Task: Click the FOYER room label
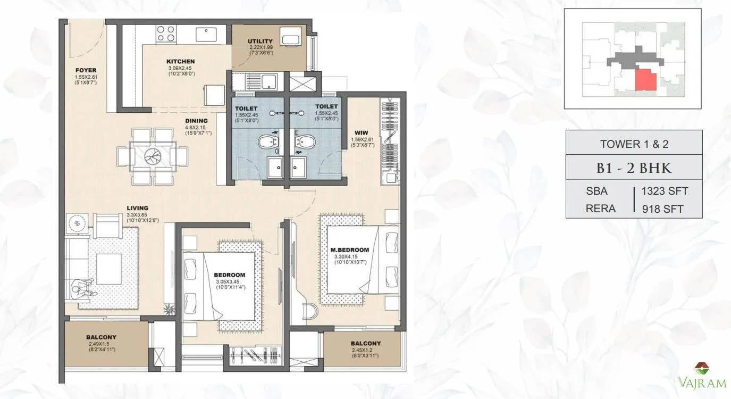click(x=86, y=70)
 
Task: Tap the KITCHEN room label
click(x=180, y=62)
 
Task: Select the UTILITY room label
click(x=260, y=41)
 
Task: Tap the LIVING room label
click(x=137, y=208)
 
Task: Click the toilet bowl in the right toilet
click(x=306, y=143)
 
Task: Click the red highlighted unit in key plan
click(x=646, y=81)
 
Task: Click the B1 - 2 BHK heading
click(x=634, y=168)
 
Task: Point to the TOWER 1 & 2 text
click(x=634, y=143)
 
